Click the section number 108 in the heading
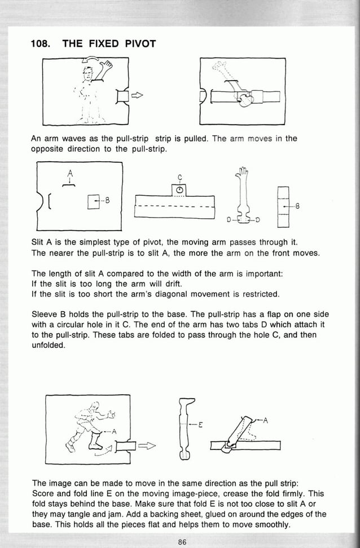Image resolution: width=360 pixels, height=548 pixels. [x=40, y=43]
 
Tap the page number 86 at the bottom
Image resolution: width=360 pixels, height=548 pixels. [x=182, y=542]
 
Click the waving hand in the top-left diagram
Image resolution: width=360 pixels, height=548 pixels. [x=106, y=69]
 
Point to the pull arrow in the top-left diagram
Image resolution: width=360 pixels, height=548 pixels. [x=137, y=96]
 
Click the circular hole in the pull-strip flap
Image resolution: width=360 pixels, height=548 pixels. [x=179, y=191]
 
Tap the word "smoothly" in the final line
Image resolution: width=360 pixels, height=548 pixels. [x=271, y=525]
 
